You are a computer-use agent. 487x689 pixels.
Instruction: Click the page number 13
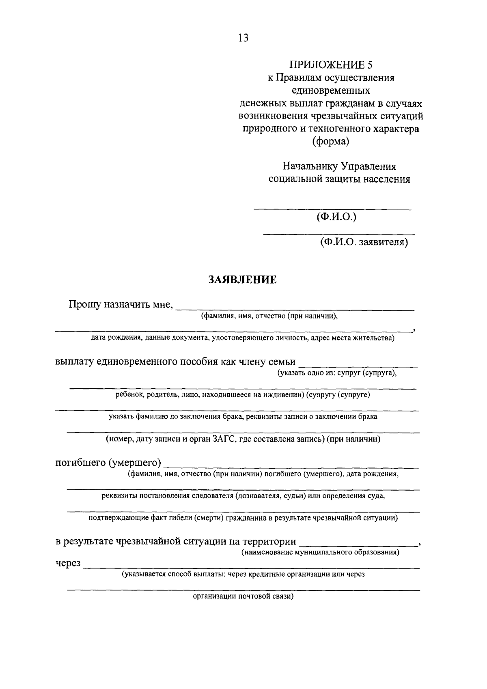[243, 38]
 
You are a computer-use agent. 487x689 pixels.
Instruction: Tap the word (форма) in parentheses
[330, 142]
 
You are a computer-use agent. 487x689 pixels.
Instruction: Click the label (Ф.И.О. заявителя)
[363, 242]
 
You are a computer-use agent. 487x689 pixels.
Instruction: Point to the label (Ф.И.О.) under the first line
[336, 217]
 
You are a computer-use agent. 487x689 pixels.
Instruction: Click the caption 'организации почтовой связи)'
[243, 596]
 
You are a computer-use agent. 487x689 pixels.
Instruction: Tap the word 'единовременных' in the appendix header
[331, 90]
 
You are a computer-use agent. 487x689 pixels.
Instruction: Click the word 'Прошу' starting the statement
[84, 304]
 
